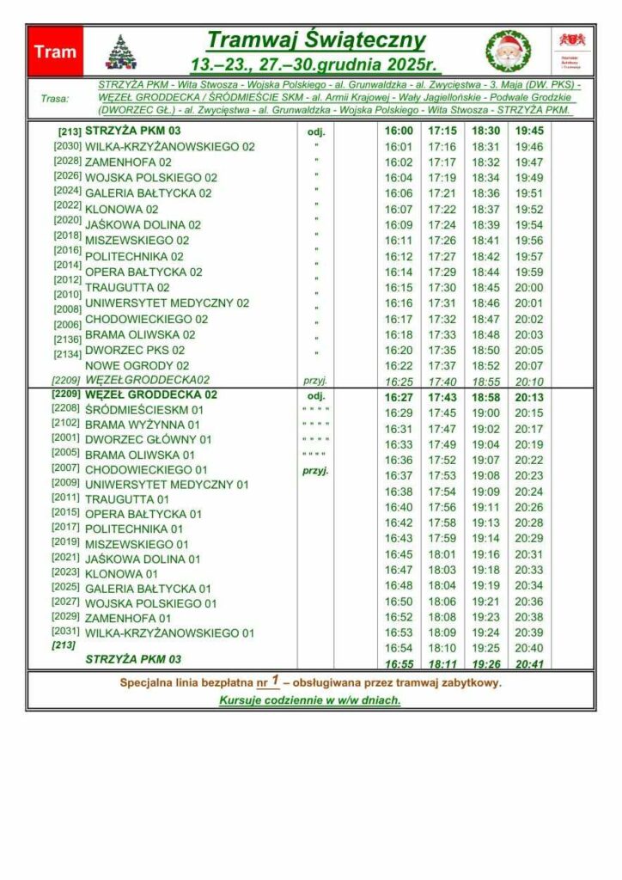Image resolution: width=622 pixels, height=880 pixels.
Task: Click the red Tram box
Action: tap(55, 52)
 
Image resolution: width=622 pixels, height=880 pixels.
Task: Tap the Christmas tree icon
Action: tap(121, 52)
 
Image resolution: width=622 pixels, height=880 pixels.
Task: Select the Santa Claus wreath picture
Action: tap(509, 52)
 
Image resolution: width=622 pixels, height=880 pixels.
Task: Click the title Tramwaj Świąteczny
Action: tap(316, 40)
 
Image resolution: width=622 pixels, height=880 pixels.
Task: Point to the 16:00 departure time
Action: tap(399, 131)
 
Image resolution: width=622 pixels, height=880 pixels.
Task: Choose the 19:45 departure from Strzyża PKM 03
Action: tap(529, 131)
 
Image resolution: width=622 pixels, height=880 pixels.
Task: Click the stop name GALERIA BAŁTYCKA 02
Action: tap(148, 193)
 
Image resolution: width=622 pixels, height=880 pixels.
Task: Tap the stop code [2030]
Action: tap(67, 147)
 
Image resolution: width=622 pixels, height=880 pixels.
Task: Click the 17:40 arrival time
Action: tap(442, 381)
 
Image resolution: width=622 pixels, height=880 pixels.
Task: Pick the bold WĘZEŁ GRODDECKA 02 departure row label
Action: tap(150, 395)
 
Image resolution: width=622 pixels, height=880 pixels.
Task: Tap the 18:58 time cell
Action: tap(485, 396)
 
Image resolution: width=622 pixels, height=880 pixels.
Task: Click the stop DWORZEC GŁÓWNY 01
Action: tap(148, 440)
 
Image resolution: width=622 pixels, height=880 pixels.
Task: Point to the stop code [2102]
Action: tap(66, 423)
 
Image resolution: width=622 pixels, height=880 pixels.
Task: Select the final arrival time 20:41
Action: tap(529, 663)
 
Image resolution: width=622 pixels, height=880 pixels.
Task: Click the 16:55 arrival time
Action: tap(399, 663)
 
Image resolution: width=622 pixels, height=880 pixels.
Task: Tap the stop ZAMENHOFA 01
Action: tap(128, 618)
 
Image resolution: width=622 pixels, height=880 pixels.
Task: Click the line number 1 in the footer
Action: tap(275, 681)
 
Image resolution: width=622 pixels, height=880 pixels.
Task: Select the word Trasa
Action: tap(55, 99)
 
